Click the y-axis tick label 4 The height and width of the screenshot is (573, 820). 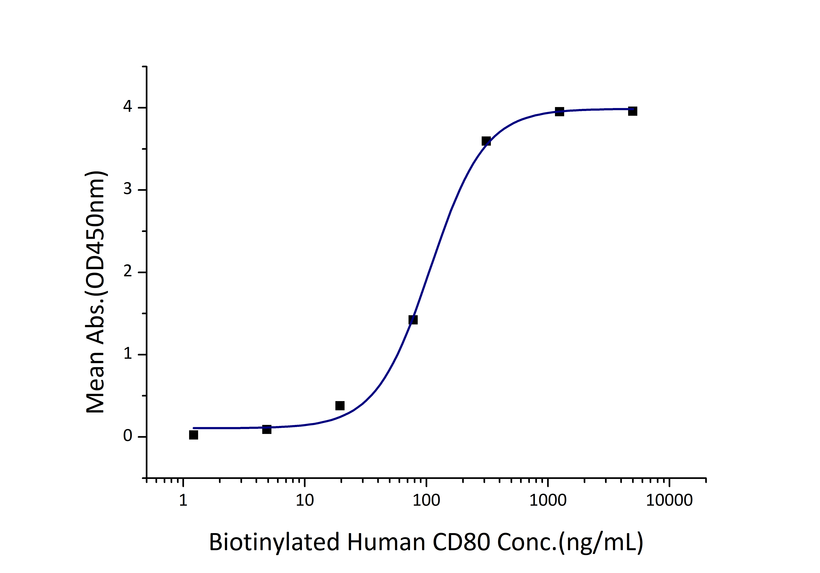tap(127, 107)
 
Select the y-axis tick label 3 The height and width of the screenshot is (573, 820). tap(127, 189)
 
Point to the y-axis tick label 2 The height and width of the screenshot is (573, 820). tap(127, 271)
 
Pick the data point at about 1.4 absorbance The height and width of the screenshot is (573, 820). tap(413, 320)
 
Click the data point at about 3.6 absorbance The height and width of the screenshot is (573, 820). tap(486, 141)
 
